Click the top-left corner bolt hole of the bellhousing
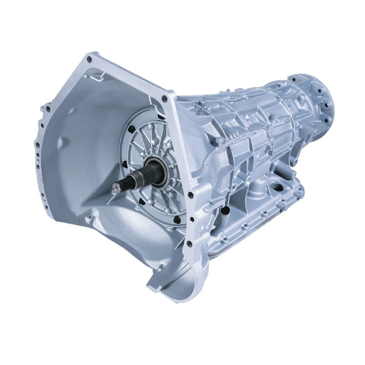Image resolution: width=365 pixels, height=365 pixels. point(90,58)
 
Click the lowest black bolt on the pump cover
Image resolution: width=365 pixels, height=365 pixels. point(176,219)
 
